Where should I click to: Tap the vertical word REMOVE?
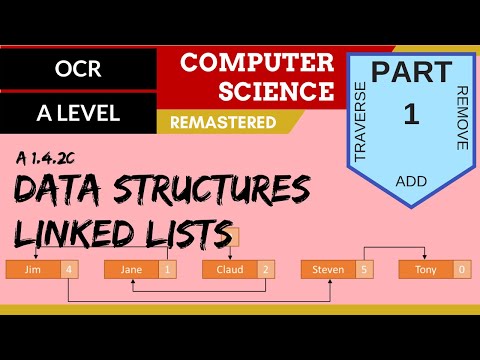pyautogui.click(x=461, y=118)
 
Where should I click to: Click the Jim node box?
pyautogui.click(x=32, y=269)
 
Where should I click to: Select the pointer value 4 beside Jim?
pyautogui.click(x=68, y=269)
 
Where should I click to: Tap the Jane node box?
pyautogui.click(x=130, y=269)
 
